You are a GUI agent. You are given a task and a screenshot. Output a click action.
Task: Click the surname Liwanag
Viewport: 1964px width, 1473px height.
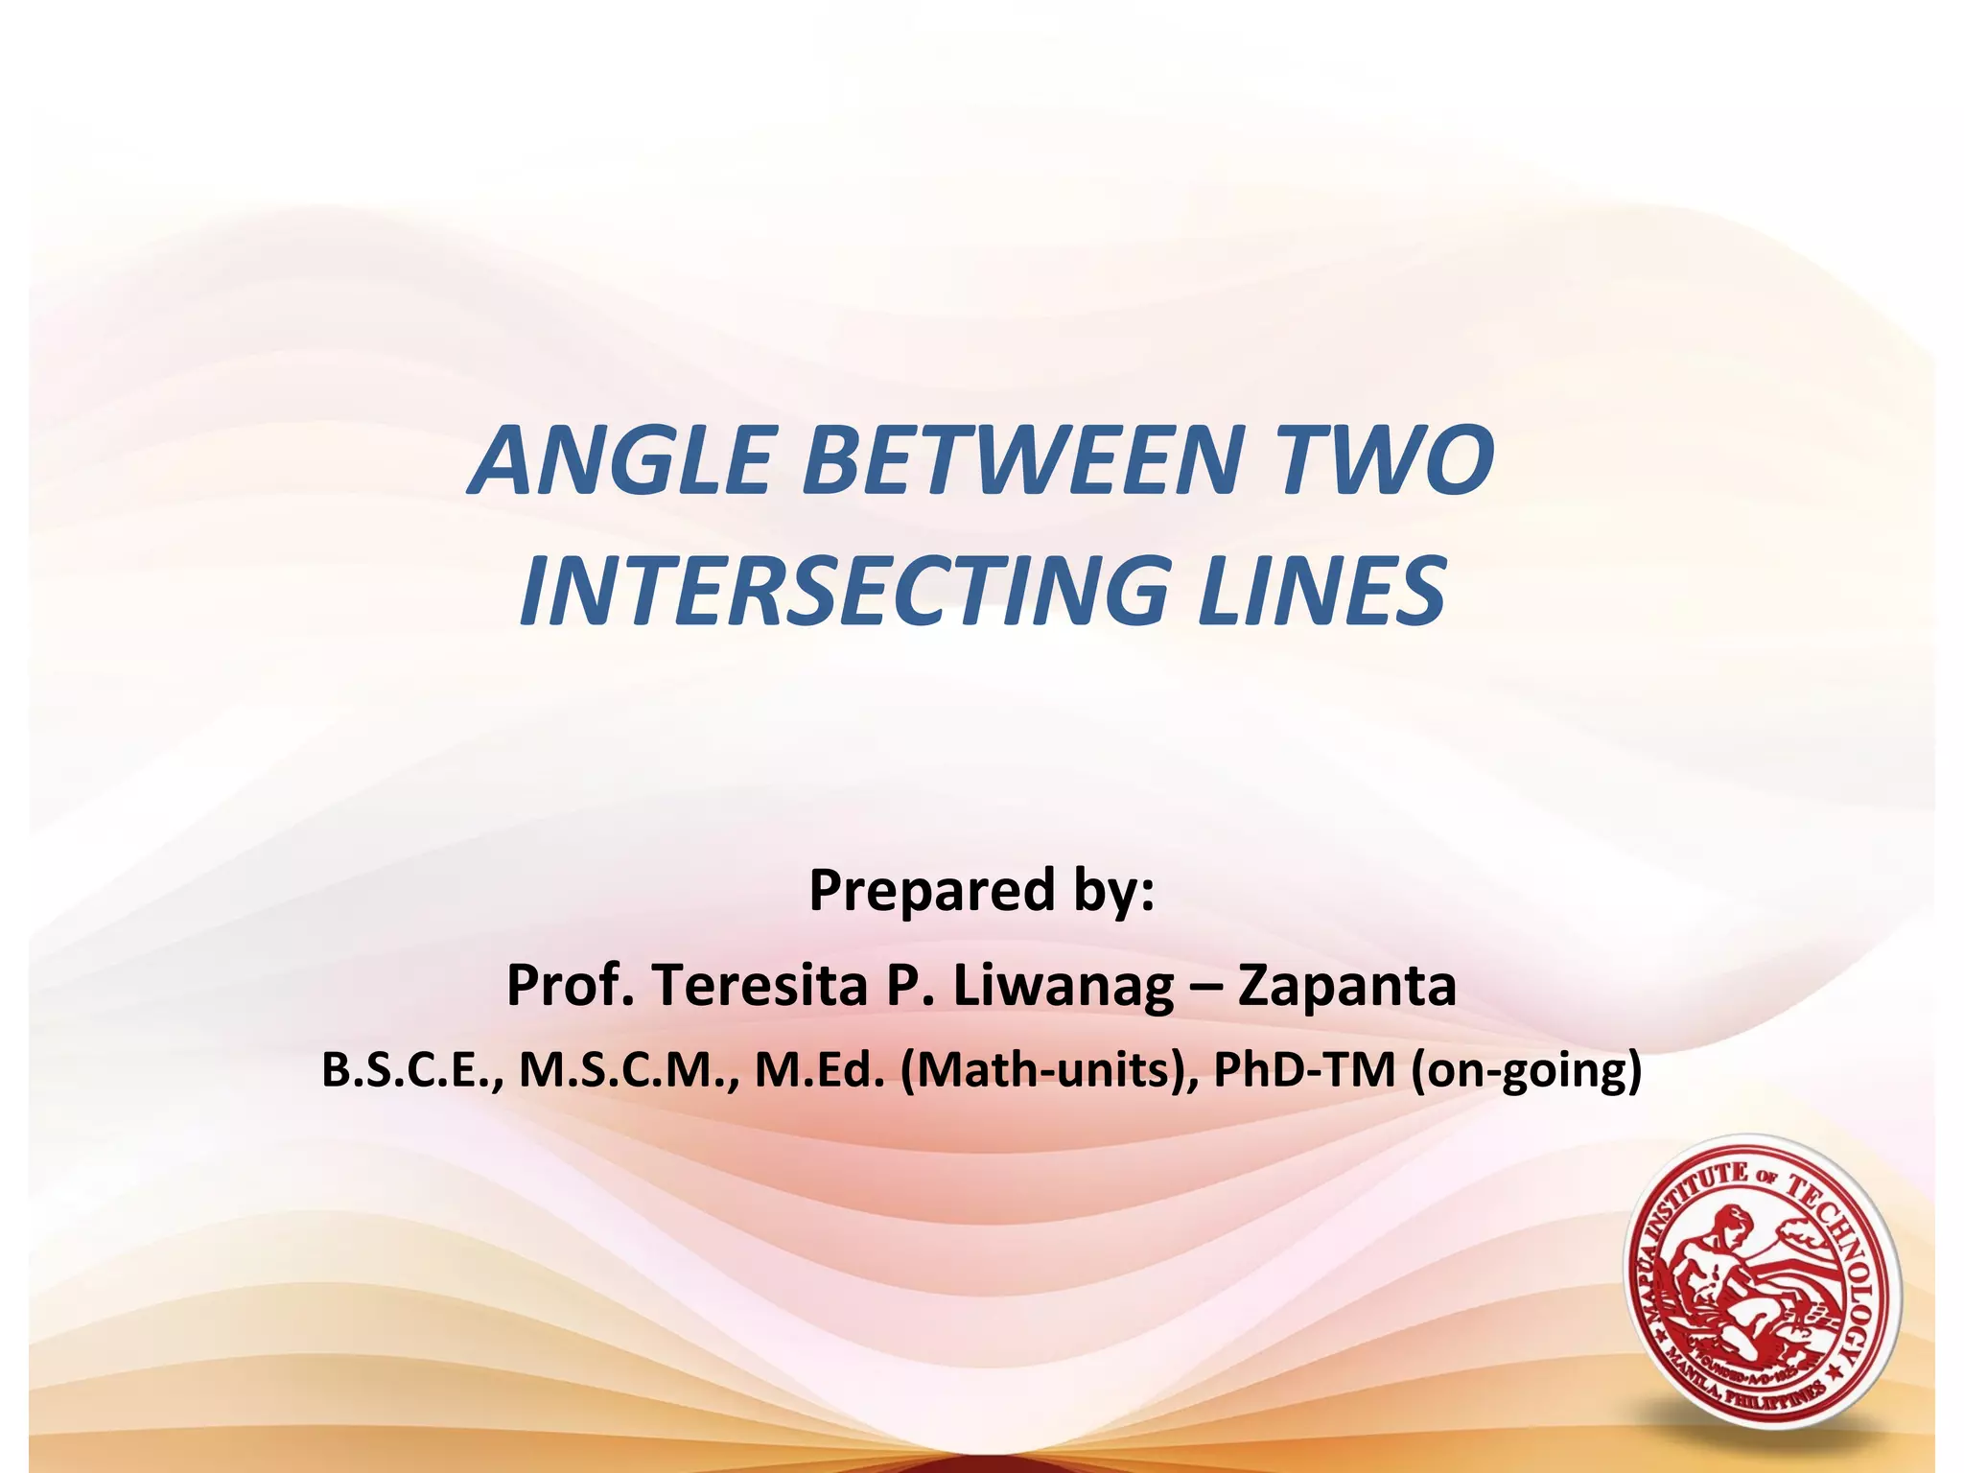(x=1064, y=987)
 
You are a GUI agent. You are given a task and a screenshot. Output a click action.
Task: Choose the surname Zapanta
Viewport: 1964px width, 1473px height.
(x=1346, y=987)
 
